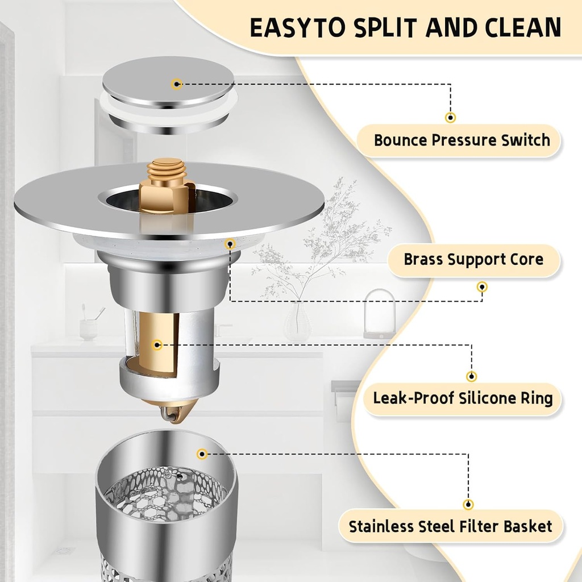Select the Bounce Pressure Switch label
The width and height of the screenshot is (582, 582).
462,140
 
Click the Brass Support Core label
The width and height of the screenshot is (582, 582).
473,260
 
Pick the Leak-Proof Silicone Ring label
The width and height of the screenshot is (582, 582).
463,398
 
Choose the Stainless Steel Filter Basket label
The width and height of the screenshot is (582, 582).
450,526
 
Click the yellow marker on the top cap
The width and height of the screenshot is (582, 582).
177,84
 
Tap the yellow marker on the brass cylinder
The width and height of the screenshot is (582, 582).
157,344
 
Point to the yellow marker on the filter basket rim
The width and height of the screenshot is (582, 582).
201,454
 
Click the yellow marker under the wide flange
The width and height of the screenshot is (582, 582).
230,244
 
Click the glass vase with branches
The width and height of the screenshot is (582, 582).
297,322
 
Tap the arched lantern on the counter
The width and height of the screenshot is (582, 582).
379,314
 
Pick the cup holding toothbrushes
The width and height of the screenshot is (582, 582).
88,329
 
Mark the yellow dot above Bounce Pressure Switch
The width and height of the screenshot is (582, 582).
450,118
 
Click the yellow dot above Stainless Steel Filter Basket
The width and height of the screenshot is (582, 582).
468,504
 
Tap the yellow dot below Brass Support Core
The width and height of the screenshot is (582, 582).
482,286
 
